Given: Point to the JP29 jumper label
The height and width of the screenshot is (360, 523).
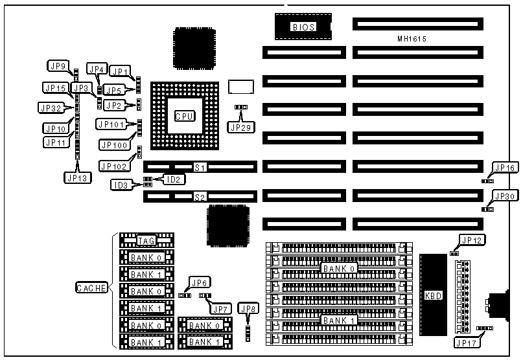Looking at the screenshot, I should pyautogui.click(x=241, y=127).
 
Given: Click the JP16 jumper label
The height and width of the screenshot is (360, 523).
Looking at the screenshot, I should pyautogui.click(x=504, y=168).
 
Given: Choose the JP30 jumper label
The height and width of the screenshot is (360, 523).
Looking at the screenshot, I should pyautogui.click(x=504, y=196).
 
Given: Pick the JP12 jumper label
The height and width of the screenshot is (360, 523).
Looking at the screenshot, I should pyautogui.click(x=471, y=240).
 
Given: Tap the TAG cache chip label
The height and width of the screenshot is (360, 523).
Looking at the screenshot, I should pyautogui.click(x=146, y=241).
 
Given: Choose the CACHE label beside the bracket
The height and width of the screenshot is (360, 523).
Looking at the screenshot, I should pyautogui.click(x=91, y=288).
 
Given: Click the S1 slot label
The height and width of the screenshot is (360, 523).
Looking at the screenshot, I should pyautogui.click(x=200, y=168).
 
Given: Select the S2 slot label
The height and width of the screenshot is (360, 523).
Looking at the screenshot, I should pyautogui.click(x=200, y=196).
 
